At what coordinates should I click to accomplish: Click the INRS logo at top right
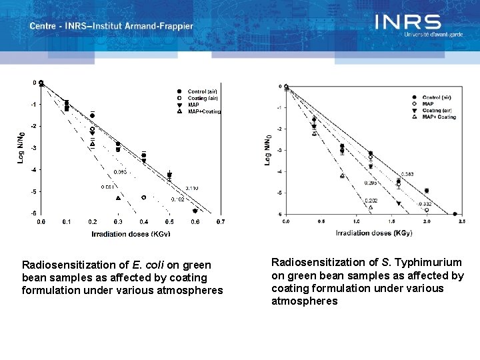[407, 23]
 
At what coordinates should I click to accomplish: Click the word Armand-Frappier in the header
[162, 27]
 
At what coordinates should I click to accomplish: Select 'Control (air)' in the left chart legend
[202, 91]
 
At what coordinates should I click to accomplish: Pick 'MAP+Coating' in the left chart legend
[204, 111]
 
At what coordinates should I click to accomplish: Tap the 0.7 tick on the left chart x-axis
[221, 221]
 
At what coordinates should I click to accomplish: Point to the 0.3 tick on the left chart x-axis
[118, 221]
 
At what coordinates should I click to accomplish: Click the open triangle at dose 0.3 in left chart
[118, 198]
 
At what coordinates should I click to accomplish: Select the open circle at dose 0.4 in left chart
[144, 197]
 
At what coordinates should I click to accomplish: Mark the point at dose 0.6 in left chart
[195, 211]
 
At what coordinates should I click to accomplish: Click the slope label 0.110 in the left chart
[191, 189]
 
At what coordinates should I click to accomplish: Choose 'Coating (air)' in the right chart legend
[437, 111]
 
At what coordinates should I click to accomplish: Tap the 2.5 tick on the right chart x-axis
[461, 221]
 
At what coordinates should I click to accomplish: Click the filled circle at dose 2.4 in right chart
[455, 214]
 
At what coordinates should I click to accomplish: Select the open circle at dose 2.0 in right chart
[427, 210]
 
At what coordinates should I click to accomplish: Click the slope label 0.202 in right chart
[371, 201]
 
